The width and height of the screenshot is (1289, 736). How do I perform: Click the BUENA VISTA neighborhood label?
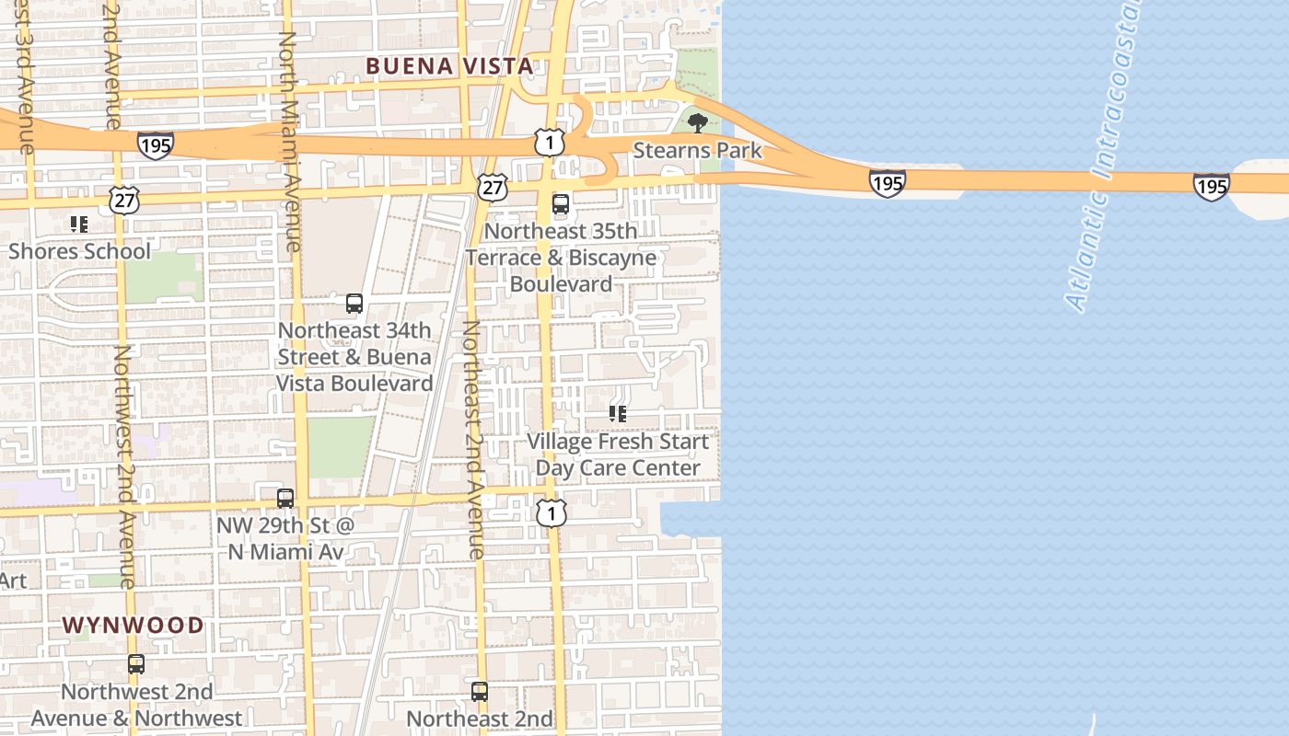(449, 66)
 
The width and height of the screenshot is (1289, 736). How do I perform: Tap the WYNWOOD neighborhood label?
(133, 626)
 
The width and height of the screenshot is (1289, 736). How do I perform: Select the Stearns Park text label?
(698, 150)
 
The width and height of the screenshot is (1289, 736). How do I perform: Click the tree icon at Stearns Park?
(697, 122)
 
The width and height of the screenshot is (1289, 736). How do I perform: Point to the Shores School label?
(79, 251)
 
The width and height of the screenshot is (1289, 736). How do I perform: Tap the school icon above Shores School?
(78, 224)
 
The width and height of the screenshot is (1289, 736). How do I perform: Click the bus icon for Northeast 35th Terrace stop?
(560, 204)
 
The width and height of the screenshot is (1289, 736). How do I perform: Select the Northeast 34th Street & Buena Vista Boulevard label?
(354, 356)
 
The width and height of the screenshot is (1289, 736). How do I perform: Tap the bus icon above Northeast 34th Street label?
(354, 303)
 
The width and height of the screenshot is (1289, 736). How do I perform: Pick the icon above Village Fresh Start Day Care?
(618, 414)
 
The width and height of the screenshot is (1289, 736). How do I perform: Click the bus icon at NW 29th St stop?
(285, 499)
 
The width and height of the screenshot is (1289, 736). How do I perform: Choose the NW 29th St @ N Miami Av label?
(285, 538)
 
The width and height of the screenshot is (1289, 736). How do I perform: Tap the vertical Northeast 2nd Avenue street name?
(473, 440)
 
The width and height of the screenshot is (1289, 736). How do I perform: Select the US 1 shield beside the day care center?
(551, 513)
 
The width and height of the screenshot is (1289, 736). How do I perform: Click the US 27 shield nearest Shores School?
(123, 200)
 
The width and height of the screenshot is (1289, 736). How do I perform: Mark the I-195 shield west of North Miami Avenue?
(156, 144)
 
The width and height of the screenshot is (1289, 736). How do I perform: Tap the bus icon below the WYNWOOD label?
(136, 664)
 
